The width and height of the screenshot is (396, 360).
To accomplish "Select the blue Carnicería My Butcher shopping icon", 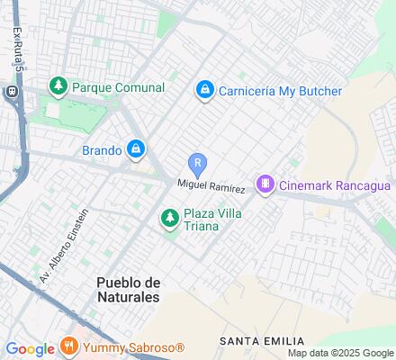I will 205,90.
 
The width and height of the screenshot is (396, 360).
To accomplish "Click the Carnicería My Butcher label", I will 280,91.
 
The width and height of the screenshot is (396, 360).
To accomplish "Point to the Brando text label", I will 101,150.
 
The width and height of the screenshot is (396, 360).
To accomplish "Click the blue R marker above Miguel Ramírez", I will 198,164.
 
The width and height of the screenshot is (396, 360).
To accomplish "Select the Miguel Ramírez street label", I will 211,185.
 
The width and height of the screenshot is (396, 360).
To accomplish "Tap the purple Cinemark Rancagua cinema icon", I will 265,185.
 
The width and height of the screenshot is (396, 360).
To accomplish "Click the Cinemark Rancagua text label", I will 334,185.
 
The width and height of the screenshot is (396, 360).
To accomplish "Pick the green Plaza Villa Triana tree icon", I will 169,218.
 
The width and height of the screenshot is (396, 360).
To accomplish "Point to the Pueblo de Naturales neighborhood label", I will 128,289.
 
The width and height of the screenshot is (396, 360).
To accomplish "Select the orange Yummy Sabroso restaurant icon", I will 69,346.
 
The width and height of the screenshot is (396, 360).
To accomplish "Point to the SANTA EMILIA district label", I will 254,341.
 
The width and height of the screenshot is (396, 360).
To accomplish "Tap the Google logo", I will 30,348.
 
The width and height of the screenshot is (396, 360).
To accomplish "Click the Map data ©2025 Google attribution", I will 340,353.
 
